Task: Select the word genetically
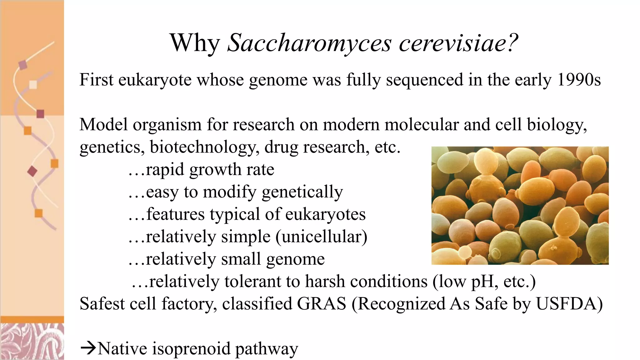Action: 302,192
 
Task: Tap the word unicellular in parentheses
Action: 322,237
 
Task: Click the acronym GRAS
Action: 322,304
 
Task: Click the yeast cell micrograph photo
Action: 520,205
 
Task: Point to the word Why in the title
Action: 195,43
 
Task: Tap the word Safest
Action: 102,304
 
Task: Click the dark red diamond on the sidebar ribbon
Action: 32,171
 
